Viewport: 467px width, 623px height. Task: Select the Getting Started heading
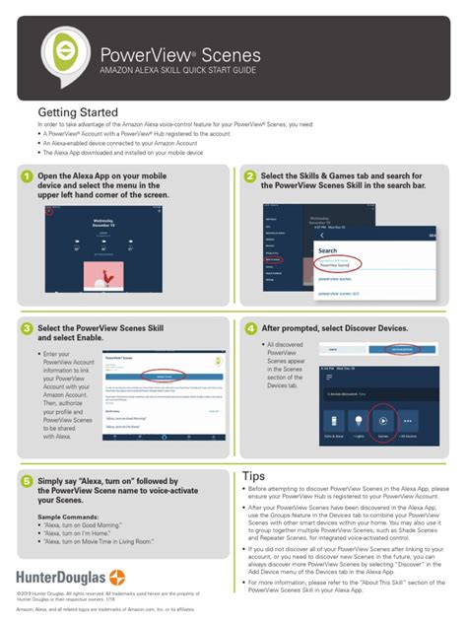(78, 112)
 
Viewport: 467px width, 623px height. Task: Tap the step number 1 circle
(27, 177)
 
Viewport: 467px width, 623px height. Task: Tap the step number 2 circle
(250, 177)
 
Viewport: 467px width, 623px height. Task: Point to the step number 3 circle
(27, 328)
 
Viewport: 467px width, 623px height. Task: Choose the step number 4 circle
(250, 328)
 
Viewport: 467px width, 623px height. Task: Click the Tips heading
(253, 476)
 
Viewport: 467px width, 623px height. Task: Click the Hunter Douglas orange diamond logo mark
(117, 576)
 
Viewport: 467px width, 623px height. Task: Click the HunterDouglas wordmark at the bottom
(61, 576)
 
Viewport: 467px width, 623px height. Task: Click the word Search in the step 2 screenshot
(328, 250)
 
